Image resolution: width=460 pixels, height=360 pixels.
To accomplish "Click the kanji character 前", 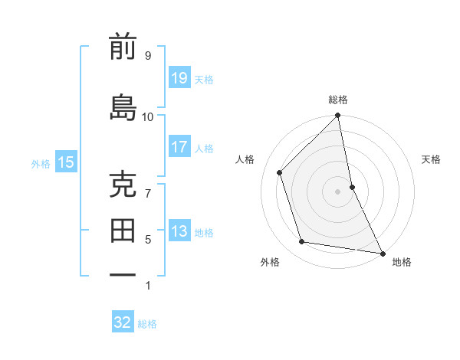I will click(123, 47).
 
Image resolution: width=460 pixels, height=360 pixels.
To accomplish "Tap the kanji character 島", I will click(123, 108).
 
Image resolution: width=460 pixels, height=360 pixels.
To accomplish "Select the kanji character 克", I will click(123, 185).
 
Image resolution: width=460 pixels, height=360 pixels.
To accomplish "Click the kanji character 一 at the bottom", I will click(123, 274).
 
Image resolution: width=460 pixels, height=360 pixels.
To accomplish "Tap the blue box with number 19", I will click(179, 78).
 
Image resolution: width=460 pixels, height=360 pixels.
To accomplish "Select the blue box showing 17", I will click(179, 147).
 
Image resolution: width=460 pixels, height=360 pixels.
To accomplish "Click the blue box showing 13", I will click(179, 231).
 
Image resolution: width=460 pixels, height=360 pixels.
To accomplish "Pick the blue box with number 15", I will click(66, 162).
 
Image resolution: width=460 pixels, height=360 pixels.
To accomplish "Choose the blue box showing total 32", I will click(123, 322).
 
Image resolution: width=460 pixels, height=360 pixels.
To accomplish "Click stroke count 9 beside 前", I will click(147, 56).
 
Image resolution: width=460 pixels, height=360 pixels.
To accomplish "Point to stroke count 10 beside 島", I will click(147, 116).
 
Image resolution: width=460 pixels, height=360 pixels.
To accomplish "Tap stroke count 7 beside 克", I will click(147, 193).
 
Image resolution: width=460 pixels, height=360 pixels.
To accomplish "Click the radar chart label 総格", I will click(338, 100).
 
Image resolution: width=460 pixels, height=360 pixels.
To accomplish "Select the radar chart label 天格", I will click(432, 159).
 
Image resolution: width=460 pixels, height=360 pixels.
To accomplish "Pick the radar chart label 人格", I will click(245, 159).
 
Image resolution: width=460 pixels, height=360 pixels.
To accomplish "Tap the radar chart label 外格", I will click(270, 262).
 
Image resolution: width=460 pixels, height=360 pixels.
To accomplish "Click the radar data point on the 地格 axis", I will click(382, 253).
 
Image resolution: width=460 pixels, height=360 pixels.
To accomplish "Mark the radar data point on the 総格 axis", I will click(338, 116).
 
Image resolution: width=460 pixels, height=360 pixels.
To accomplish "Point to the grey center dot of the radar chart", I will click(338, 191).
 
